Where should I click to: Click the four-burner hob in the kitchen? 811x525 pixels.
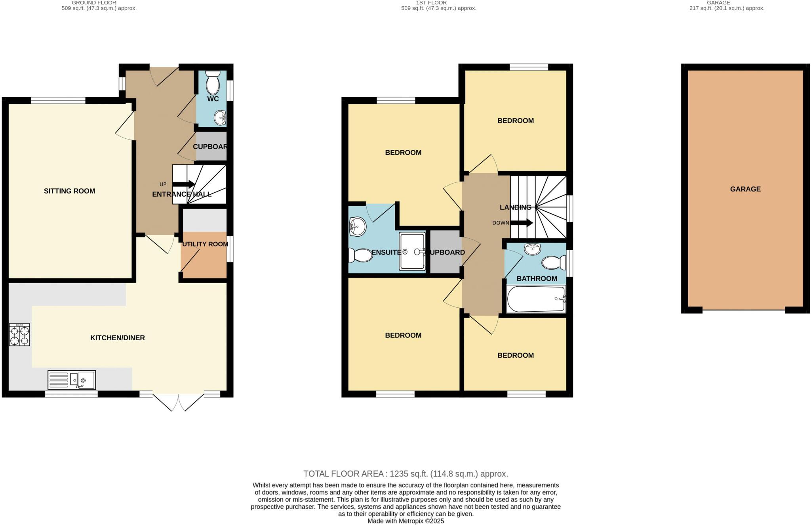point(19,335)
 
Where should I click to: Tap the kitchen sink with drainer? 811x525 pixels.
point(72,380)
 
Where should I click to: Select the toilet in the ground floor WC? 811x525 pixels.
point(213,82)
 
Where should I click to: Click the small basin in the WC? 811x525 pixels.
point(220,117)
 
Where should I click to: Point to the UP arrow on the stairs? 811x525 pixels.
point(184,184)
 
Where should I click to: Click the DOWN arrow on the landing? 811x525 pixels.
point(522,223)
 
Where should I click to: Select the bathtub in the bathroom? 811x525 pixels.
point(536,299)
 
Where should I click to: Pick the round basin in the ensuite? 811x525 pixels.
point(357,227)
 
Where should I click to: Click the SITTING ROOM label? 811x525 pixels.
point(69,191)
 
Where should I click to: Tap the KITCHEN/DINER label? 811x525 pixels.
point(118,338)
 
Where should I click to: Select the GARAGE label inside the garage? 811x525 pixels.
point(745,189)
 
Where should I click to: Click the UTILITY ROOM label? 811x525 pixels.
point(205,244)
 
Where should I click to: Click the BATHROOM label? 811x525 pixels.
point(537,279)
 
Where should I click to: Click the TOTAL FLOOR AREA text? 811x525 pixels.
point(405,474)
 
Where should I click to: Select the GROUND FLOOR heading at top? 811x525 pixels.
point(94,3)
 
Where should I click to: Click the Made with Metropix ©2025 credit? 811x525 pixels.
point(405,521)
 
